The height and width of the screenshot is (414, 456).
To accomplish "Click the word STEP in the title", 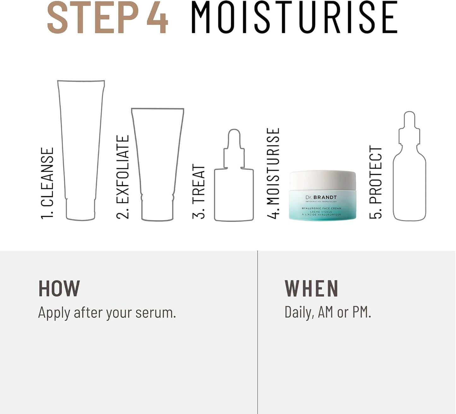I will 92,18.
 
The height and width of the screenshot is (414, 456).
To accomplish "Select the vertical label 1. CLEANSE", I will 47,183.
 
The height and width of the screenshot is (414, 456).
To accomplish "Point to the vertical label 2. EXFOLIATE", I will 123,177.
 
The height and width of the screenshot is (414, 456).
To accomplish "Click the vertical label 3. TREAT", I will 199,191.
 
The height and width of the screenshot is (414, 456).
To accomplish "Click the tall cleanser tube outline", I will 81,148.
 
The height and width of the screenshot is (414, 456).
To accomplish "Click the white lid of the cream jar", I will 323,180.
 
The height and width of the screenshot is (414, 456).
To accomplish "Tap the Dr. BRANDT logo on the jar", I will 321,198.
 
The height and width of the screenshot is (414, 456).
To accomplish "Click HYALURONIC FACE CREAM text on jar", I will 321,208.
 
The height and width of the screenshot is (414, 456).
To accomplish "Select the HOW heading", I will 59,289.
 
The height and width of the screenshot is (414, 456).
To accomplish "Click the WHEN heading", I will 311,289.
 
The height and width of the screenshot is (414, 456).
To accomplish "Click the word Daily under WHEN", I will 299,312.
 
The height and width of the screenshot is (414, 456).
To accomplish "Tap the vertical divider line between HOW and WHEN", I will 258,332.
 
